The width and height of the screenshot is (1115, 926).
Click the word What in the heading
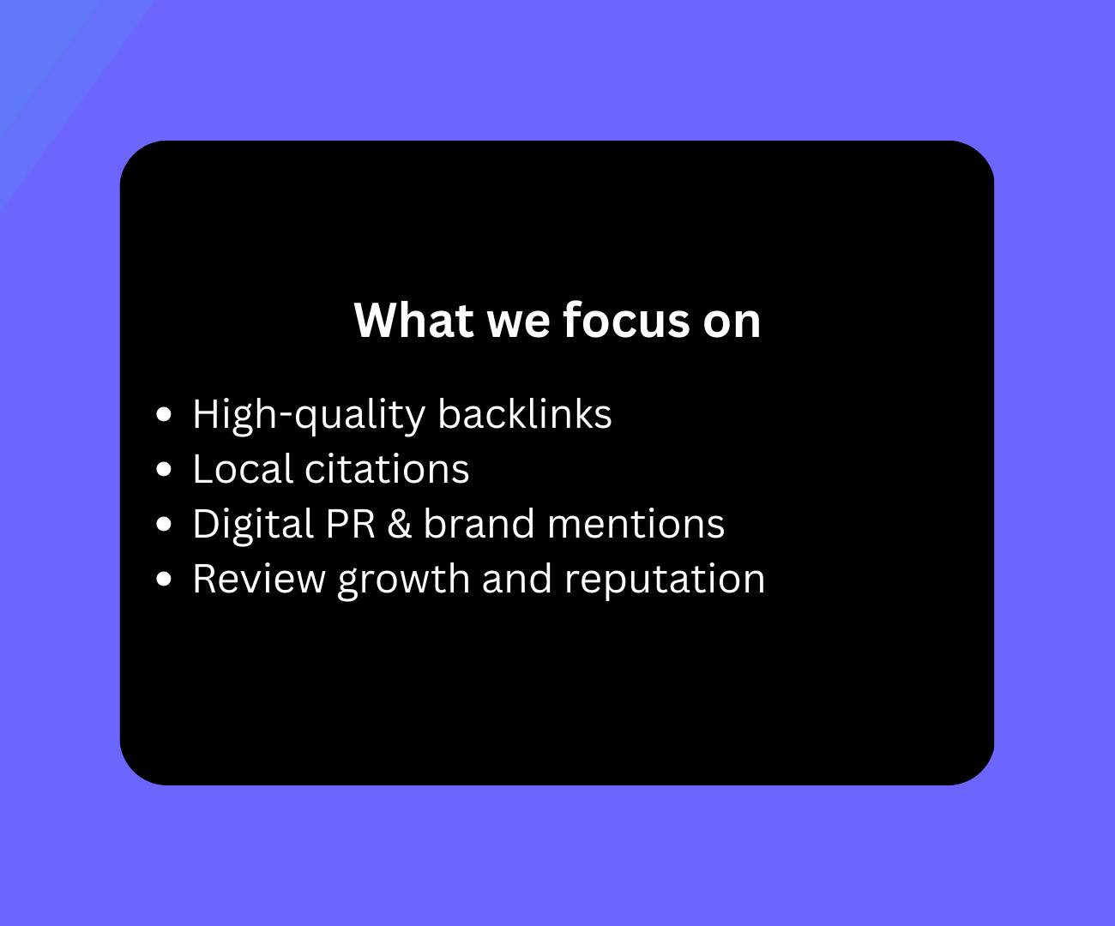(x=414, y=320)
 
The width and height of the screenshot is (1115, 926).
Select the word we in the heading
(x=518, y=324)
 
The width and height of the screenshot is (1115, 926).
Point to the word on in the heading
(x=732, y=324)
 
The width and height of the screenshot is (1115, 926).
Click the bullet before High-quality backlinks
(x=164, y=414)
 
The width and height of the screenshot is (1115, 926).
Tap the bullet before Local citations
(x=164, y=469)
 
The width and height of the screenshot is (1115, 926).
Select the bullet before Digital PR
(x=164, y=524)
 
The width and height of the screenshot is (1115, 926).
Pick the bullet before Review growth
(x=164, y=579)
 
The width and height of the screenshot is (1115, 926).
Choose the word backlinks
(x=525, y=414)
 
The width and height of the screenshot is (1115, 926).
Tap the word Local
(x=243, y=469)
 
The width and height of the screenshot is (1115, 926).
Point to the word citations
(x=387, y=469)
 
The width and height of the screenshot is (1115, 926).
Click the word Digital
(x=253, y=526)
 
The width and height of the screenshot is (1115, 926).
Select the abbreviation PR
(x=350, y=524)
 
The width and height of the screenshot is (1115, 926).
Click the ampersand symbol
(x=400, y=524)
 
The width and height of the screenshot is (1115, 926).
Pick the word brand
(x=479, y=524)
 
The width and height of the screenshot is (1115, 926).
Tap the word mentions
(x=636, y=525)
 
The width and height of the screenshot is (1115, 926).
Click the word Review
(x=259, y=579)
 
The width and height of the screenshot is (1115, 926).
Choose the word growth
(x=404, y=581)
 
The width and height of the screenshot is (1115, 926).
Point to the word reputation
(x=665, y=581)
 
